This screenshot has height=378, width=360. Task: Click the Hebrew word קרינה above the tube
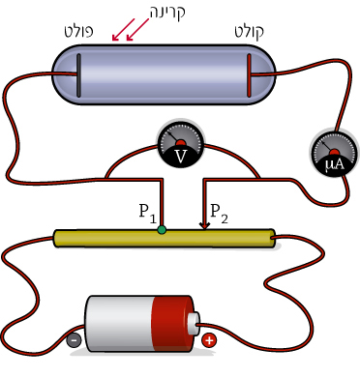point(167,12)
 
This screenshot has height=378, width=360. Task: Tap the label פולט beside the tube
point(79,31)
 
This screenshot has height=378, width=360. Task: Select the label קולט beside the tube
point(249,32)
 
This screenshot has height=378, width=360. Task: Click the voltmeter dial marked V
point(180,144)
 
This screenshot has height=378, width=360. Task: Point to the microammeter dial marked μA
point(335,153)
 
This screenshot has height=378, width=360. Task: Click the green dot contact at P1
point(162,229)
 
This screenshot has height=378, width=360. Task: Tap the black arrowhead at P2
point(204,226)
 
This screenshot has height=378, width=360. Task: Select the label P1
point(147,214)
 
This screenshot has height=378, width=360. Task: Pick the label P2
point(219,214)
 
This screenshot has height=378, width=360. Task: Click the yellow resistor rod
point(165,239)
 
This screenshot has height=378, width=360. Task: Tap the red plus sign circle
point(209,340)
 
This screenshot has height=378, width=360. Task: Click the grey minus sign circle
point(74,339)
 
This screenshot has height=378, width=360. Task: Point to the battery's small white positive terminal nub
point(194,324)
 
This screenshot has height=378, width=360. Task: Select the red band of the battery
point(171,324)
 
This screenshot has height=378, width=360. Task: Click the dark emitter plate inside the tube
point(78,75)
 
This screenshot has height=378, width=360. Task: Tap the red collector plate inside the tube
point(249,75)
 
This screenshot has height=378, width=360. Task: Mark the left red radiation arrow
point(123,30)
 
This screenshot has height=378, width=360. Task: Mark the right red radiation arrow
point(137,30)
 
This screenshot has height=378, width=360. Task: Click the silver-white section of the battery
point(118,324)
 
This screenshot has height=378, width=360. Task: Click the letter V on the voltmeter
point(180,157)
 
